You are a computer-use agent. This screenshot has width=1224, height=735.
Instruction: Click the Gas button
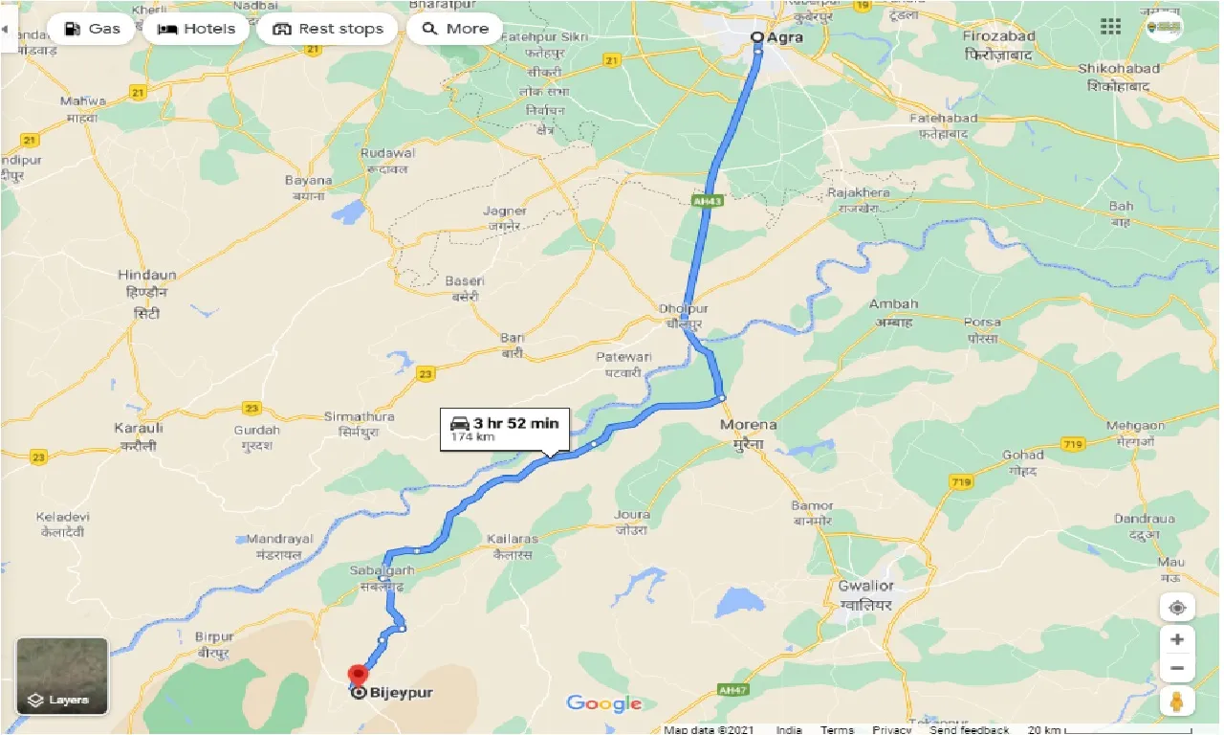click(92, 29)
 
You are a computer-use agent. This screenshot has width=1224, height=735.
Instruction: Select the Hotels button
click(196, 29)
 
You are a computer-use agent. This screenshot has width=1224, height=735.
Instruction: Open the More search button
click(455, 29)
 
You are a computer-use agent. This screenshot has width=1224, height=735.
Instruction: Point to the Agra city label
click(783, 37)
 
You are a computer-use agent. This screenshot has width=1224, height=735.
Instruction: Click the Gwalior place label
click(864, 586)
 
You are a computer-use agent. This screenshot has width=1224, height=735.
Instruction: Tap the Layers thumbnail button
click(62, 676)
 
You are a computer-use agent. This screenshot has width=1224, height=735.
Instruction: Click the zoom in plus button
click(1177, 639)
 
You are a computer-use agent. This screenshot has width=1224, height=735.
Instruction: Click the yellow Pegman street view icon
click(1177, 702)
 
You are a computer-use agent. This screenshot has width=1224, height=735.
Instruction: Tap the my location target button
click(1177, 608)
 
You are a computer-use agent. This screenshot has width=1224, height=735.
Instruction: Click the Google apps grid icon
click(1110, 27)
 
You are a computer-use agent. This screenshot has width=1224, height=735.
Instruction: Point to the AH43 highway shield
click(706, 200)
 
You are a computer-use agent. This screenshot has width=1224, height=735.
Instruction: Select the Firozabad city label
click(999, 36)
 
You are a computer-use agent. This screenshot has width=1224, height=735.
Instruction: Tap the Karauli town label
click(139, 428)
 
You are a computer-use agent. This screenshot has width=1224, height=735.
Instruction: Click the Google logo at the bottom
click(603, 704)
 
